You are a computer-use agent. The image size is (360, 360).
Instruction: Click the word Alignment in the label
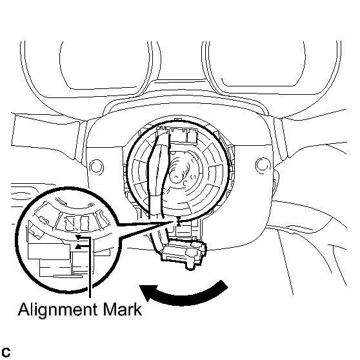(x=57, y=310)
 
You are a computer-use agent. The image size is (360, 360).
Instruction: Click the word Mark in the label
(x=123, y=309)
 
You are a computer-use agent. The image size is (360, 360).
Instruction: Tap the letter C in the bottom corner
(x=6, y=352)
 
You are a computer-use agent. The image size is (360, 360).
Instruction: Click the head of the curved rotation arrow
(x=148, y=292)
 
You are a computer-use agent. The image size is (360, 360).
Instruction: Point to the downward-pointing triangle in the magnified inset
(x=78, y=237)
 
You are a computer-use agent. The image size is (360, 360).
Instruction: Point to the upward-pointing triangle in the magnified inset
(x=78, y=246)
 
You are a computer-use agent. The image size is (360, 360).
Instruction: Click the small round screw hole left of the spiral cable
(x=96, y=166)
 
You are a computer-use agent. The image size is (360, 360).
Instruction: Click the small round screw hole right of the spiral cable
(x=263, y=165)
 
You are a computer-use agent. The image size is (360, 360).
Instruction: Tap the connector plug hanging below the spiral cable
(x=184, y=253)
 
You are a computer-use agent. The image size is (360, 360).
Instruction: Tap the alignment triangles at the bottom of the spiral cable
(x=179, y=222)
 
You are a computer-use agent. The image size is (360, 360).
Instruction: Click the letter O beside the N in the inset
(x=85, y=223)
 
